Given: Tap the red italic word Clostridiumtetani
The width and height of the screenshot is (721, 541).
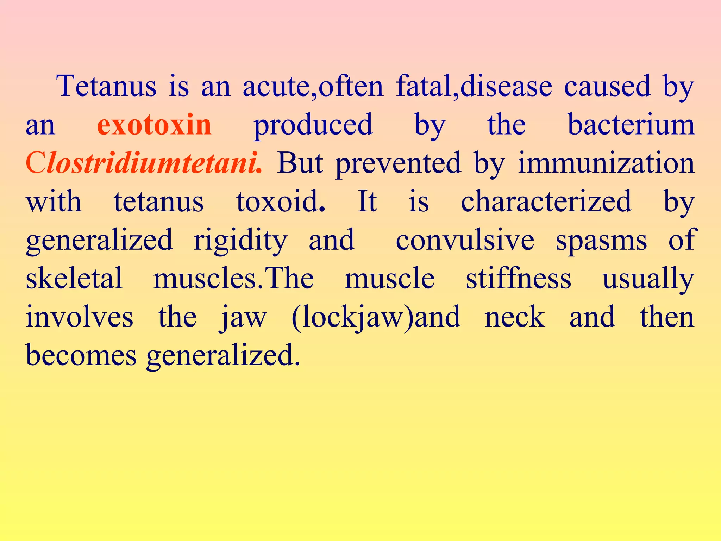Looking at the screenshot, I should [144, 163].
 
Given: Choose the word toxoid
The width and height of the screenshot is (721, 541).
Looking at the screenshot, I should [280, 202].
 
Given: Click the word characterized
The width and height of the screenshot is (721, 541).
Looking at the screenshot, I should [546, 202].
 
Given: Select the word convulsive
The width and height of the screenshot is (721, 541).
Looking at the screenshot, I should [465, 241].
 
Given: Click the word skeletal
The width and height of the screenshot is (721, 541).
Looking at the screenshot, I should [74, 279].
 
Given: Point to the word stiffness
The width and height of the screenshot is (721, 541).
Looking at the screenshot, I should [518, 279].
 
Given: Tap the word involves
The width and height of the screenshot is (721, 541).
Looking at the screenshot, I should [80, 317].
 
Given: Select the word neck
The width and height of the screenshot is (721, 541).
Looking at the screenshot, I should [515, 317].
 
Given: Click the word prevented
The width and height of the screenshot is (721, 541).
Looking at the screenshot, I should [398, 163].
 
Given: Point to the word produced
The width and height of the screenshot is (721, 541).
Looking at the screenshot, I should [313, 125].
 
